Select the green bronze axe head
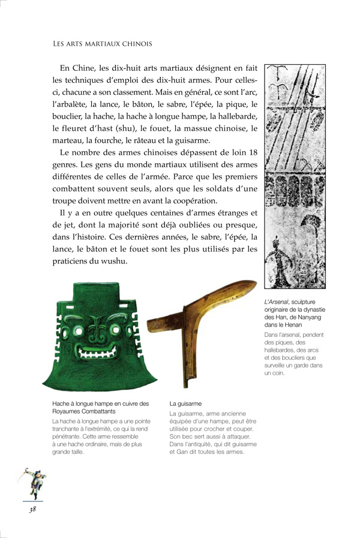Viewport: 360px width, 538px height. pos(94,336)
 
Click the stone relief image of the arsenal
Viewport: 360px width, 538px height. pos(299,177)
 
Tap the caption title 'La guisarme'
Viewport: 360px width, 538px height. pos(185,404)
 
